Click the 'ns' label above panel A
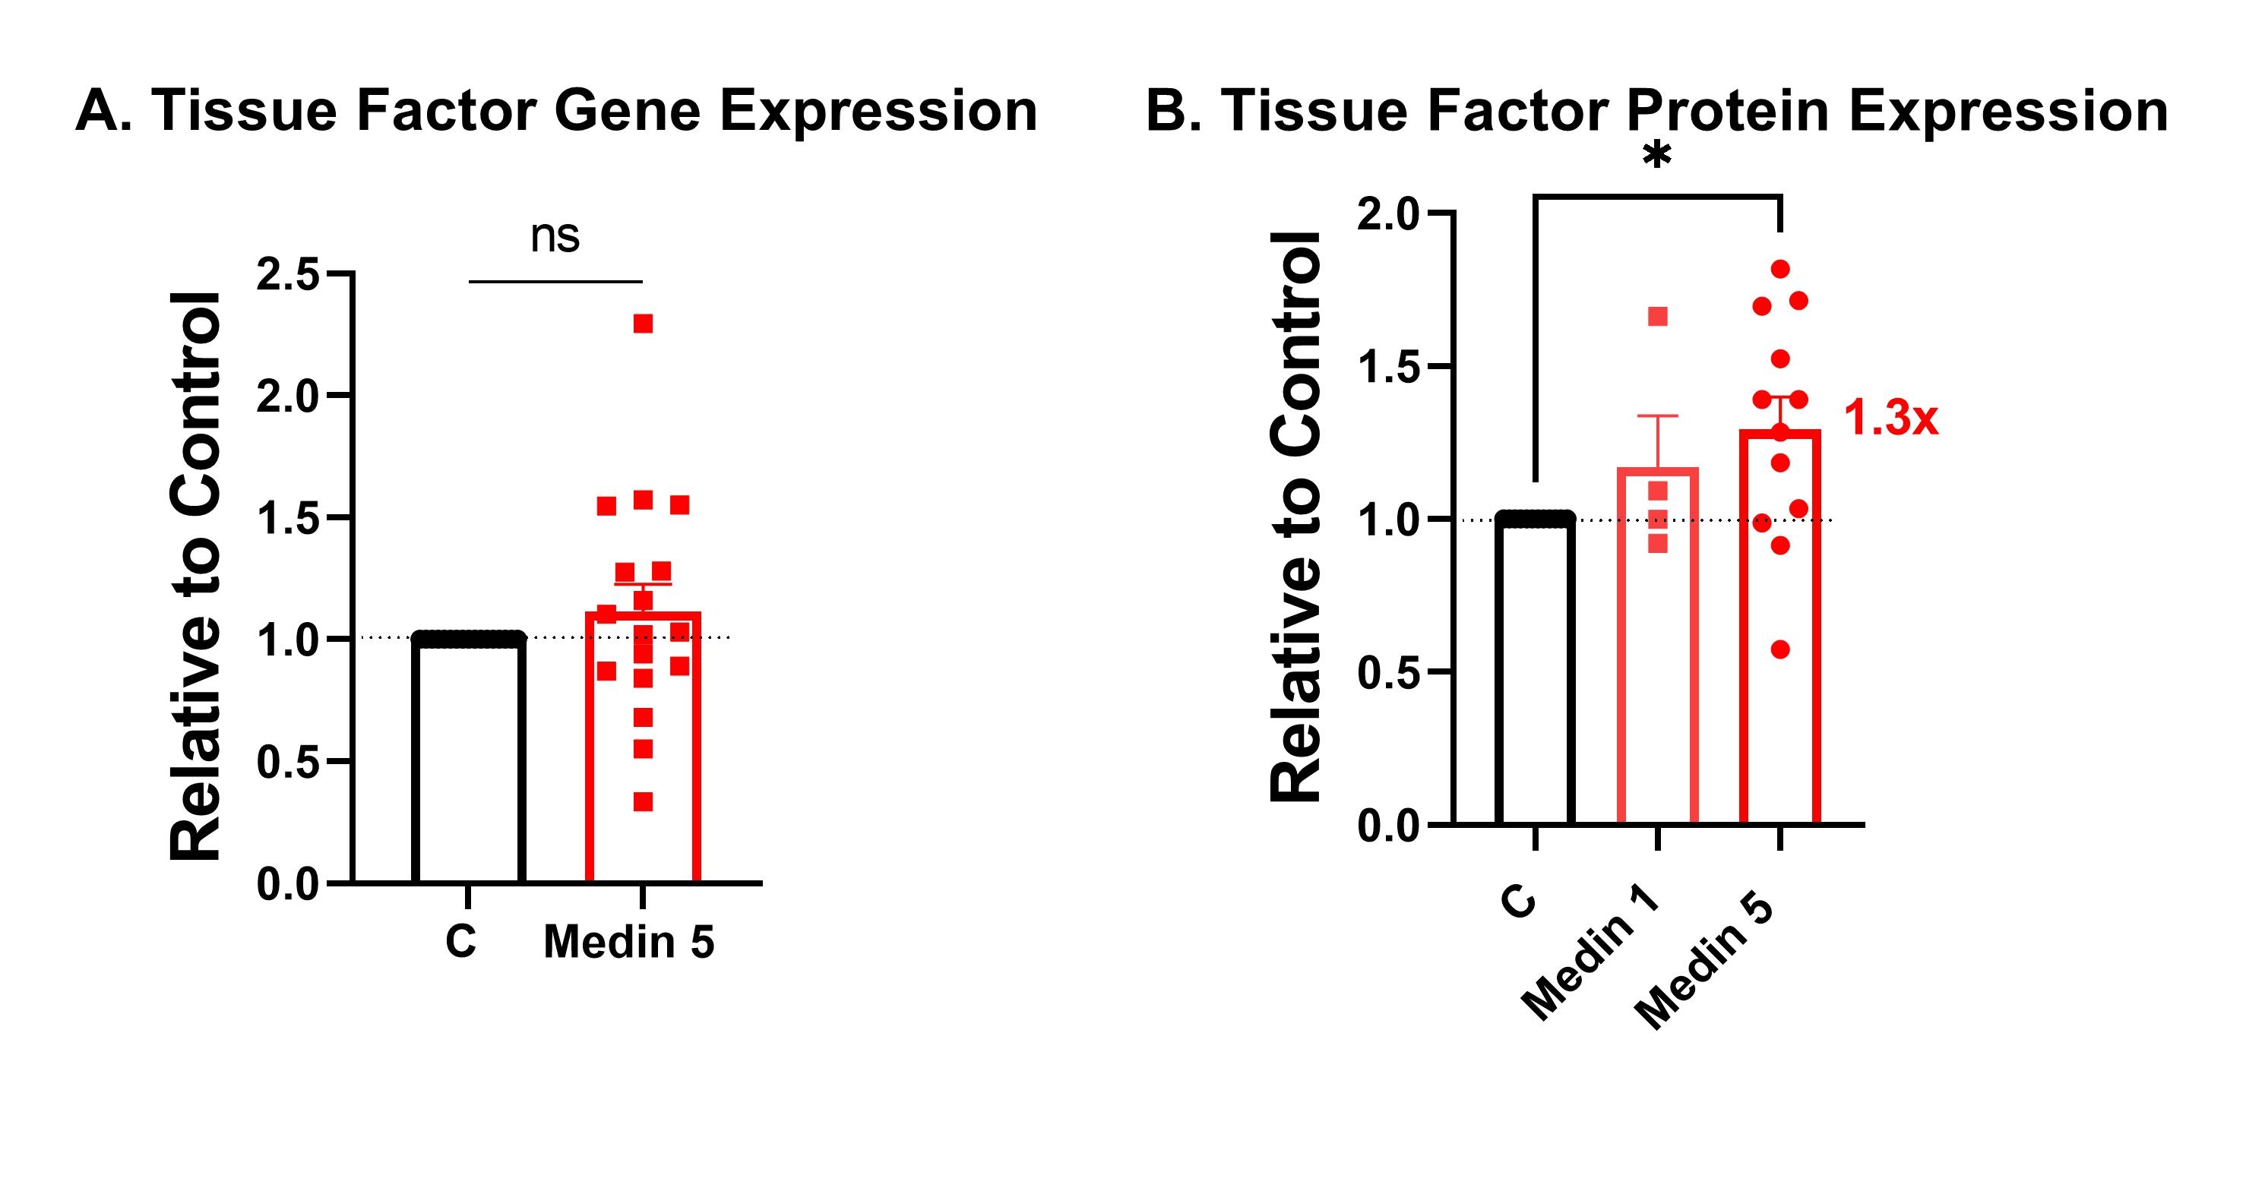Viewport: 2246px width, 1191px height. point(555,237)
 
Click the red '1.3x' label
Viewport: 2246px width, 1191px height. point(1890,419)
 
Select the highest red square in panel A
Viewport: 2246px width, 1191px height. point(643,324)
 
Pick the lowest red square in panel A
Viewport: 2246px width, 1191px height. point(643,801)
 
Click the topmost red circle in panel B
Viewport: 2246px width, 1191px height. point(1780,269)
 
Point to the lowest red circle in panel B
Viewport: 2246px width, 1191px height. point(1780,649)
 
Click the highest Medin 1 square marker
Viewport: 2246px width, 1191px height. point(1657,317)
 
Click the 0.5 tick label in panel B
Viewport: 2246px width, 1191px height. point(1389,673)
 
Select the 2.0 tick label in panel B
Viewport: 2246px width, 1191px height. point(1389,214)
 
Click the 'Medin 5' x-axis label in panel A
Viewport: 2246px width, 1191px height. point(628,943)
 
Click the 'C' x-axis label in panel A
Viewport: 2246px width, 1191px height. point(461,942)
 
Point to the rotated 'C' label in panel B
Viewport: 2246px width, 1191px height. point(1518,902)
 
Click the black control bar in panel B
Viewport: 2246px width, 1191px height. point(1535,671)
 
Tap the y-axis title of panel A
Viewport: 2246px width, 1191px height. point(196,577)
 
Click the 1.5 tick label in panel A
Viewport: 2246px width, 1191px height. point(288,519)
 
